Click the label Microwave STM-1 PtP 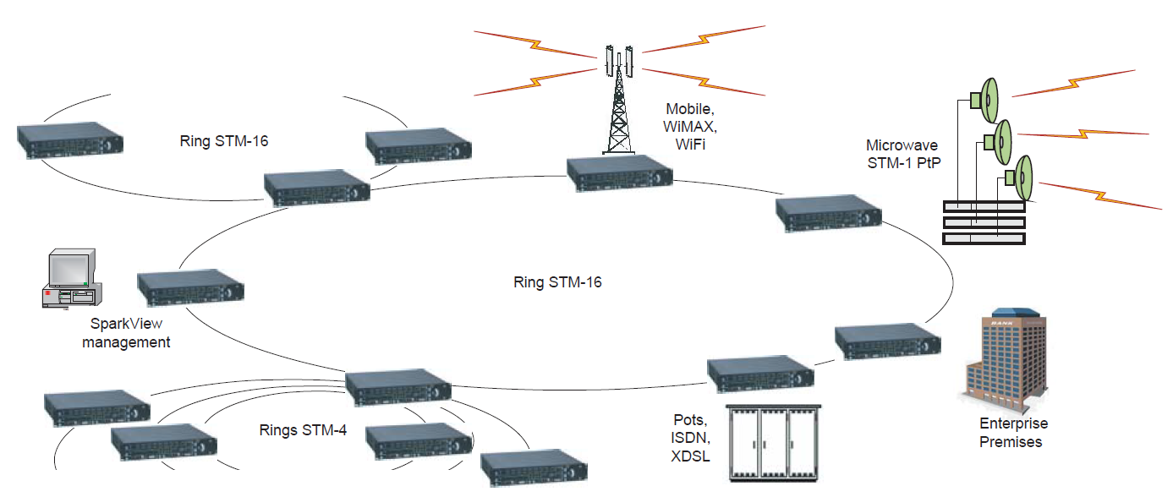click(x=902, y=154)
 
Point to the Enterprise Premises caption click(x=1013, y=432)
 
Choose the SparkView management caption click(x=126, y=333)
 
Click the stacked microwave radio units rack click(x=984, y=222)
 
